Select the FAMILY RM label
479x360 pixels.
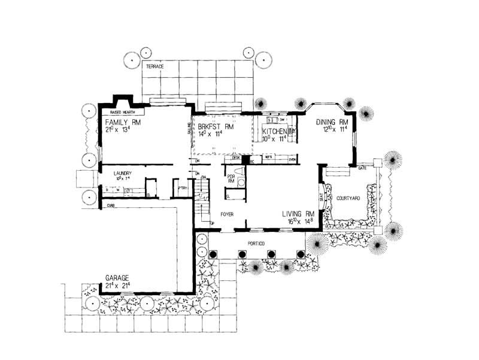pos(119,122)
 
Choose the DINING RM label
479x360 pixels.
pos(332,122)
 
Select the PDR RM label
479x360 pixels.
pos(230,179)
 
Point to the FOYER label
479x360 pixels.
pos(226,213)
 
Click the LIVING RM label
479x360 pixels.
pos(298,213)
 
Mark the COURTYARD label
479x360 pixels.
pos(347,198)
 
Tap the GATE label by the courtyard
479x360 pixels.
pos(362,168)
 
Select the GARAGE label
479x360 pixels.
pos(117,278)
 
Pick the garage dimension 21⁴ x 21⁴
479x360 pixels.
pos(118,286)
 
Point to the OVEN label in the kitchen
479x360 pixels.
pos(292,159)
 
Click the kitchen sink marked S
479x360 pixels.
pos(270,120)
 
